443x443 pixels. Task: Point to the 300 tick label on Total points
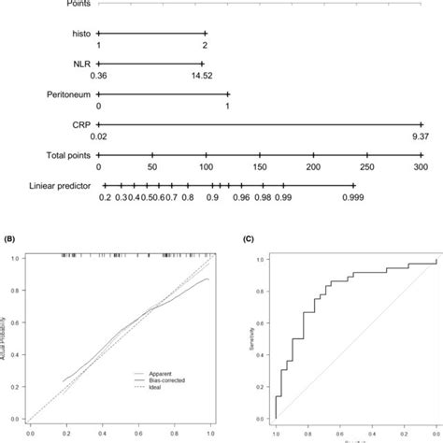(420, 166)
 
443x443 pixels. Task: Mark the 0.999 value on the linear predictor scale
(353, 198)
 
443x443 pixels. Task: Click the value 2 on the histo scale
(204, 44)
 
